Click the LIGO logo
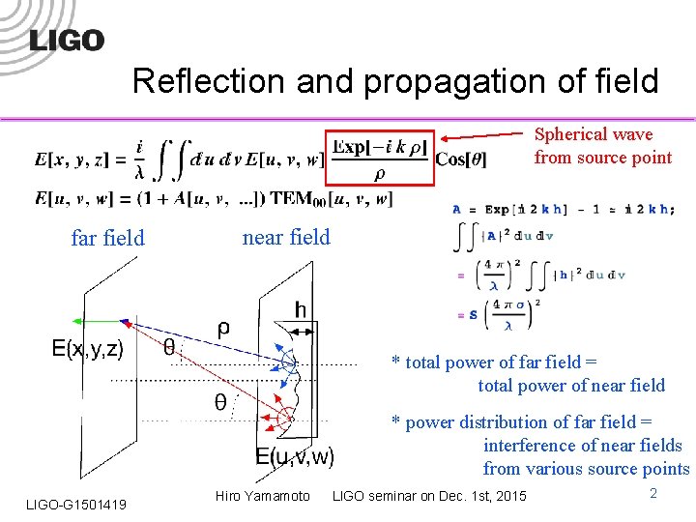(67, 40)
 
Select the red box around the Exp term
(377, 157)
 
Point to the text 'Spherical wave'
(594, 134)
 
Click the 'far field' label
(107, 238)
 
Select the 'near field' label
(286, 237)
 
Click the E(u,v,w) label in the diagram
(295, 456)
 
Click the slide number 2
(653, 494)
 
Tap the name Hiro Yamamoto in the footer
(263, 496)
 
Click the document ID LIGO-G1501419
(76, 504)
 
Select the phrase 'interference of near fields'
(582, 446)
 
